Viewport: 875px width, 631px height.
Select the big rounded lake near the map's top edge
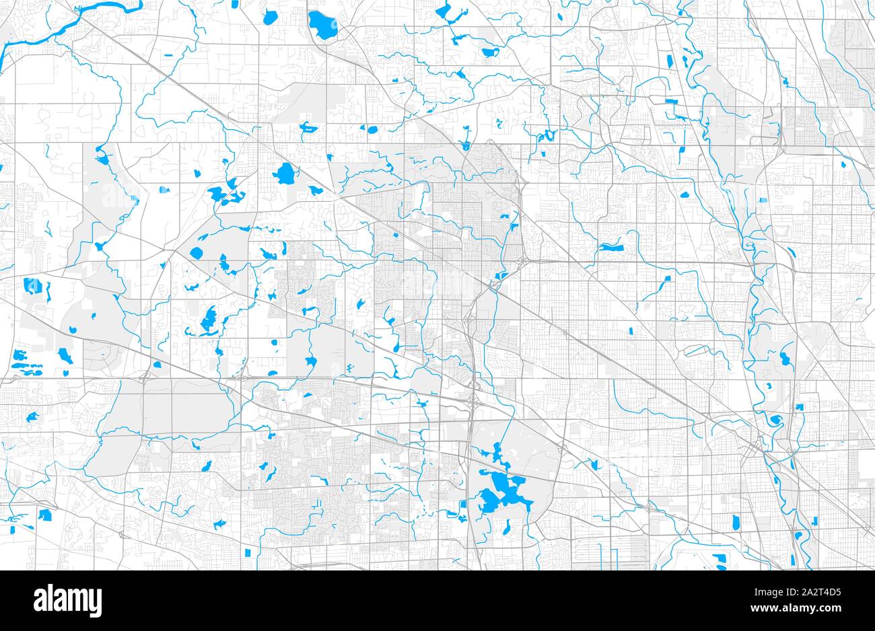pos(321,25)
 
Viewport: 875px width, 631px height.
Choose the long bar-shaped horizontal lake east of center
pos(610,247)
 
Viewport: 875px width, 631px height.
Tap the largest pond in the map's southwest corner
pos(46,515)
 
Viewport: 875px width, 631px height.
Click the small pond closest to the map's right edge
pos(844,163)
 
